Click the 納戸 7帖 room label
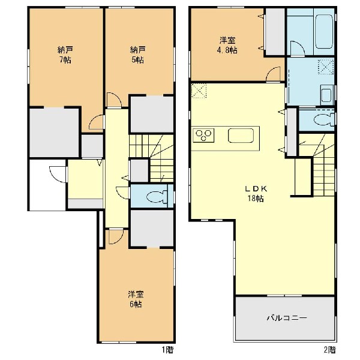65,55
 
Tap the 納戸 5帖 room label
137,55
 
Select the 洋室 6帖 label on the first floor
136,299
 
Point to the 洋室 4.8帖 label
227,45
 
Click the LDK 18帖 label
256,194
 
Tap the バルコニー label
287,318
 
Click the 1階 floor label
167,350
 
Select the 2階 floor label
329,350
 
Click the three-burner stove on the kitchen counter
203,135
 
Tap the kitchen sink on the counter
241,135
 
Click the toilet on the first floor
157,196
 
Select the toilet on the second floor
324,119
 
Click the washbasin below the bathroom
326,95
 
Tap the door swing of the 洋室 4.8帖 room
273,74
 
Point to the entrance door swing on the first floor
58,174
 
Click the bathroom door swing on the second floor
298,48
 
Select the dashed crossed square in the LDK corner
199,91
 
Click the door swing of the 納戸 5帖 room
114,100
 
